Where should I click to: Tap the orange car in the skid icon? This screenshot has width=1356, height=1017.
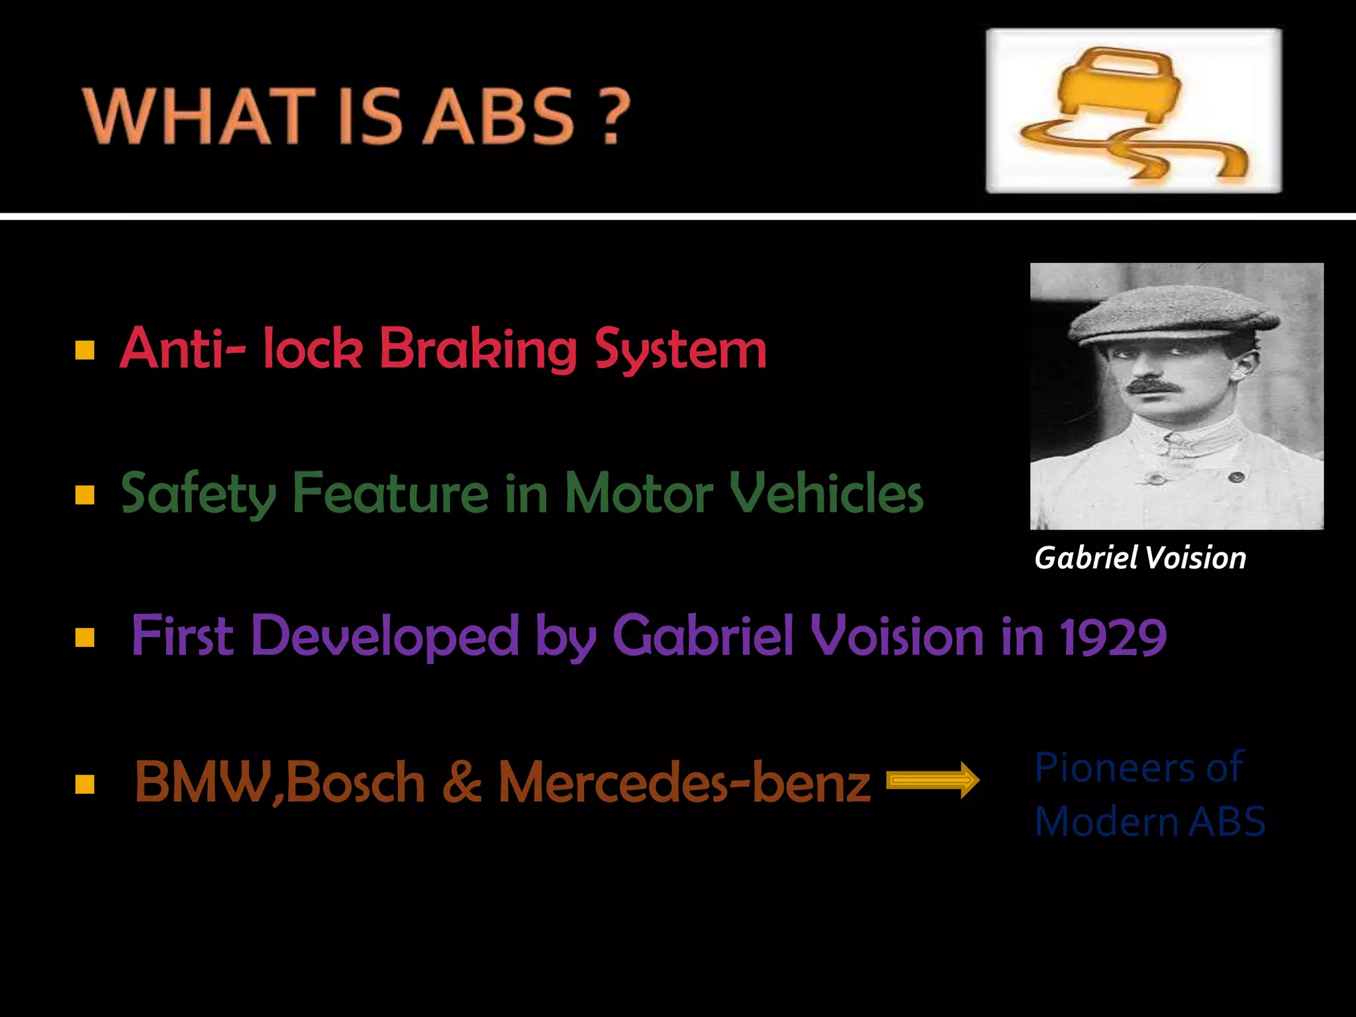tap(1119, 86)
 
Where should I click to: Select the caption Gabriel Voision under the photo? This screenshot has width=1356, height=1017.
tap(1140, 557)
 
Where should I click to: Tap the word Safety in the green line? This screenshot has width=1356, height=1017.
tap(198, 494)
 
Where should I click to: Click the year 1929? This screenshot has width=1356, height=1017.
tap(1113, 636)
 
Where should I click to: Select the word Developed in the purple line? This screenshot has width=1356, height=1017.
tap(385, 636)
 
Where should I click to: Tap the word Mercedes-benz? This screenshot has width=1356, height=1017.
tap(684, 782)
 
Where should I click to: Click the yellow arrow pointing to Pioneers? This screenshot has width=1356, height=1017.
tap(932, 781)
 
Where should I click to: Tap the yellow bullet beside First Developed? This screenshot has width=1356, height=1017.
tap(85, 638)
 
